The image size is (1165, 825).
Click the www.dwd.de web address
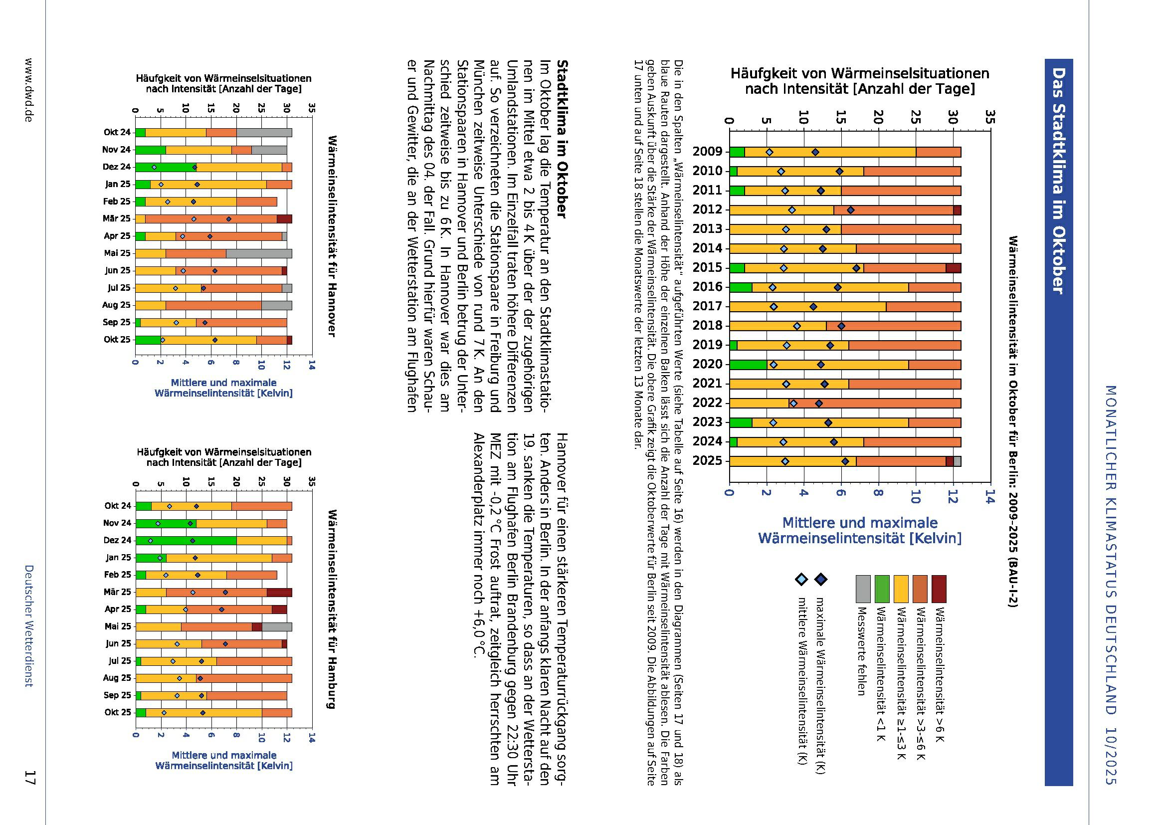(29, 89)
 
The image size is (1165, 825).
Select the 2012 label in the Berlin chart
(708, 210)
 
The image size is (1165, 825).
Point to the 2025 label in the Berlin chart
(708, 461)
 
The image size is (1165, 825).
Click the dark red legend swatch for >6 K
(939, 589)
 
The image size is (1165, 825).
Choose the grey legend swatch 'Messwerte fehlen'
(863, 589)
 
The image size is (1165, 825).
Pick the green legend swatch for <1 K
(882, 589)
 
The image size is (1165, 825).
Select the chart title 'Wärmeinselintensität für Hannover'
(332, 236)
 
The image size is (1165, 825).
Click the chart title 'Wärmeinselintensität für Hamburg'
(332, 609)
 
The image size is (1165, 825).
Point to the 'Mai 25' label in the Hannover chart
(117, 253)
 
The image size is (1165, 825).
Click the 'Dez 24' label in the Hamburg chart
(118, 540)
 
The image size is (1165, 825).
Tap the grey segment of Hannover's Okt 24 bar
(264, 133)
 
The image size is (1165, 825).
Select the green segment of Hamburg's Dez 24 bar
(186, 540)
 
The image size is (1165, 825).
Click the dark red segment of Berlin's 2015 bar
(953, 268)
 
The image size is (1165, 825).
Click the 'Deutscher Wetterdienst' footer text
(29, 625)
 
